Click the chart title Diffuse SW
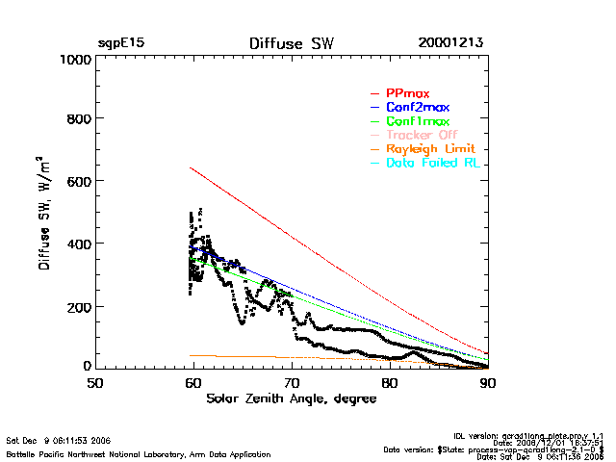tap(291, 43)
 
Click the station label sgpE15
tap(120, 43)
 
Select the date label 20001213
tap(450, 43)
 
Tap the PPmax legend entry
tap(407, 92)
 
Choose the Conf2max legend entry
tap(417, 107)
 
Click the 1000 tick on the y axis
tap(74, 59)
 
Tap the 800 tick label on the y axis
tap(78, 119)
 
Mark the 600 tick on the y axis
tap(78, 182)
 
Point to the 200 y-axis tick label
tap(78, 306)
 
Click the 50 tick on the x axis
tap(95, 382)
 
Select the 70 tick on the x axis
tap(292, 382)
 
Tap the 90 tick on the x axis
tap(488, 382)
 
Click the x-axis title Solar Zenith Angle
tap(290, 398)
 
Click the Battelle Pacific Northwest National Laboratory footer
tap(138, 454)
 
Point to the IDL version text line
tap(528, 434)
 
